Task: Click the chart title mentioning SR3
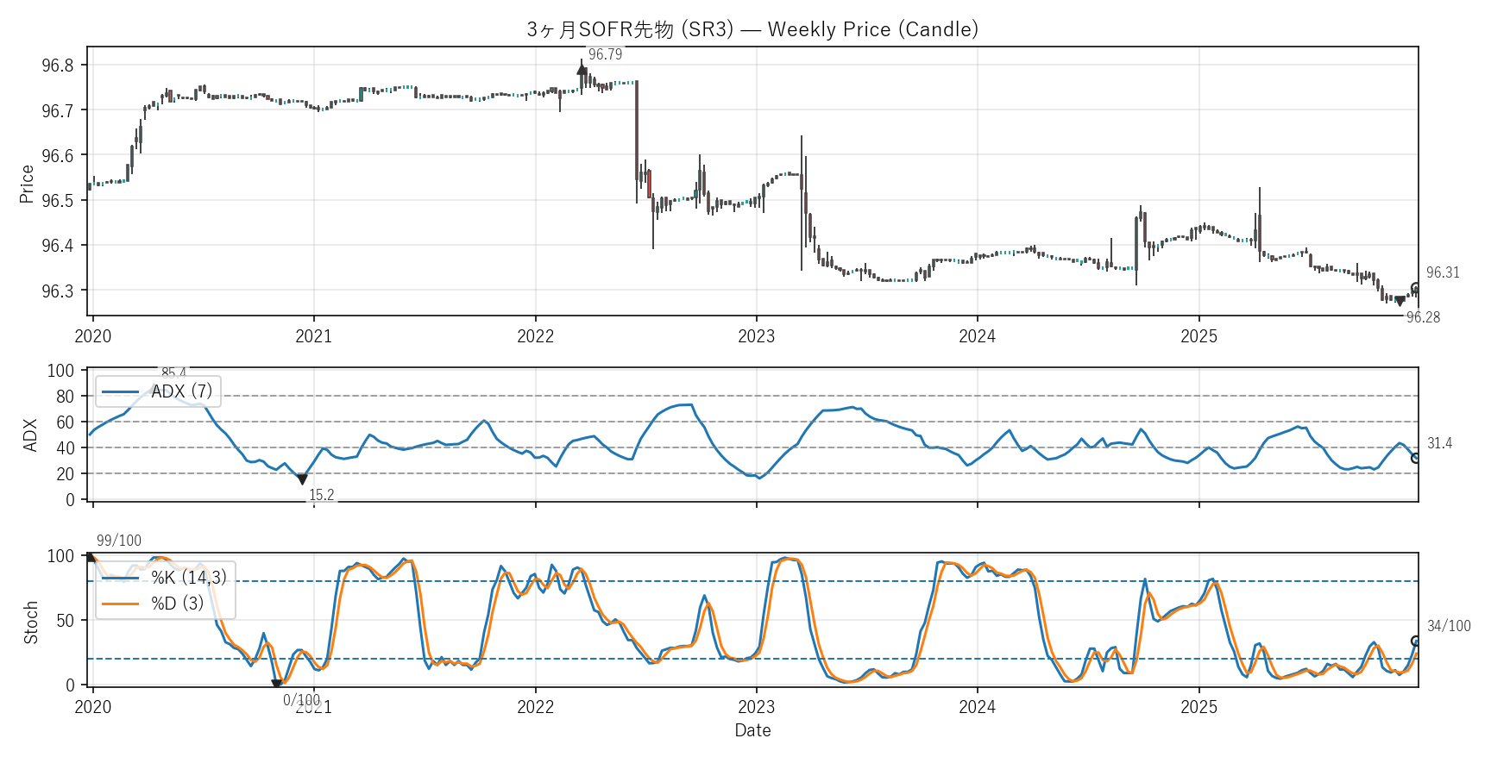coord(752,29)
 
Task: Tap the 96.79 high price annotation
coord(605,54)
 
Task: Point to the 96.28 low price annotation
coord(1423,317)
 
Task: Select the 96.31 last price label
coord(1443,272)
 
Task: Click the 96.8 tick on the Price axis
coord(58,66)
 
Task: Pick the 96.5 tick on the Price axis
coord(58,201)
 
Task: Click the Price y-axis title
coord(27,184)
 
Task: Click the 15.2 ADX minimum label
coord(322,495)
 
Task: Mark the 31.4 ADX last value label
coord(1439,443)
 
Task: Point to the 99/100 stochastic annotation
coord(119,541)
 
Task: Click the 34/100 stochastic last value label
coord(1449,626)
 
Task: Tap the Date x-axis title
coord(752,730)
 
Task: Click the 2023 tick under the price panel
coord(756,336)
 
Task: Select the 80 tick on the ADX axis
coord(65,397)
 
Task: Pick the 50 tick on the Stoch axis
coord(65,621)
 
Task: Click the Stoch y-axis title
coord(31,622)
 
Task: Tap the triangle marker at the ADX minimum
coord(302,479)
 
